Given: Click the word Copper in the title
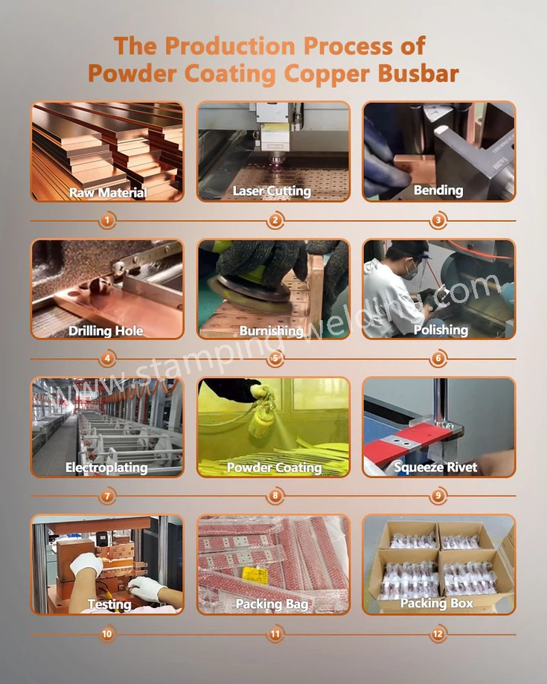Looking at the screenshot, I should (x=333, y=74).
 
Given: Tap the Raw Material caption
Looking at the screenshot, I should (x=108, y=193).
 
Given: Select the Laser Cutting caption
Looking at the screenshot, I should (x=272, y=191).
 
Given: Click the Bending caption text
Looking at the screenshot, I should (x=438, y=191).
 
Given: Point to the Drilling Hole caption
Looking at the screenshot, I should (x=106, y=330).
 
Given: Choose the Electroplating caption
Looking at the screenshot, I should (x=106, y=468).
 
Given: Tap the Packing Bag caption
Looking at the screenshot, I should (x=272, y=604).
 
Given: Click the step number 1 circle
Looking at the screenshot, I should (x=109, y=221).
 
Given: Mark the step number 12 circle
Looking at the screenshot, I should (x=438, y=634).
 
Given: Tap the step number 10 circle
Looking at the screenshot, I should (x=109, y=634).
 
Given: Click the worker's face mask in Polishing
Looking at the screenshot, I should (x=410, y=273).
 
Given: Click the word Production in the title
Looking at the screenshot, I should (x=225, y=45).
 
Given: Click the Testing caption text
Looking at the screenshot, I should (x=109, y=604).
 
